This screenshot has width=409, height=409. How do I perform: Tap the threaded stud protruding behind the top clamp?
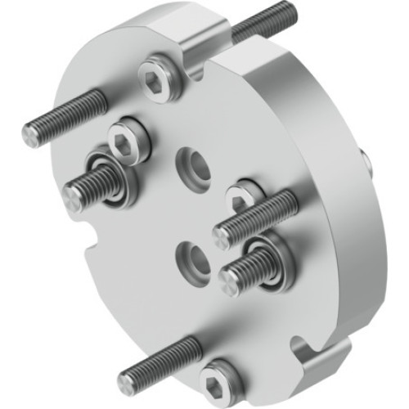(x=260, y=23)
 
